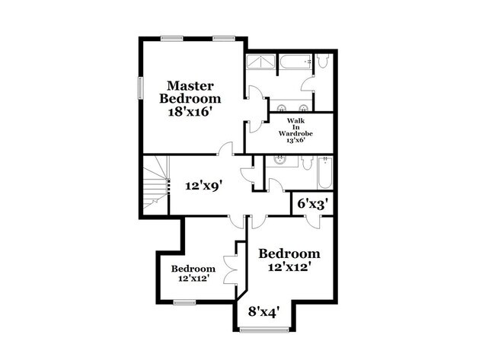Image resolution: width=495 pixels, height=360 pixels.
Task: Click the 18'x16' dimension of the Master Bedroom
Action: pyautogui.click(x=189, y=112)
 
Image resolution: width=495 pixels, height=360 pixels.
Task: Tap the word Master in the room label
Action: pyautogui.click(x=190, y=85)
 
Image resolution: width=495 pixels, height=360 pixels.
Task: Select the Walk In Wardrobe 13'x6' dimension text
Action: pyautogui.click(x=295, y=140)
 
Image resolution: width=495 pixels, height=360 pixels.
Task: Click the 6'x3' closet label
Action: pyautogui.click(x=311, y=204)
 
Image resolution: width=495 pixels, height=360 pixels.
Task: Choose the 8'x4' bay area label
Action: pyautogui.click(x=264, y=312)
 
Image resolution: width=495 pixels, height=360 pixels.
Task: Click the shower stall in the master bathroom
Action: pyautogui.click(x=260, y=62)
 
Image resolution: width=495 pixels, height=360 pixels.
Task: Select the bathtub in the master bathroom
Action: pyautogui.click(x=295, y=62)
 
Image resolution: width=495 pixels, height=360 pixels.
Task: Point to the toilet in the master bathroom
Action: pyautogui.click(x=323, y=61)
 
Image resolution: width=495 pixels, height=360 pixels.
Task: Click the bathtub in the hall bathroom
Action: pyautogui.click(x=324, y=173)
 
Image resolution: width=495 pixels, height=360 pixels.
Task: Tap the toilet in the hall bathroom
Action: pyautogui.click(x=307, y=164)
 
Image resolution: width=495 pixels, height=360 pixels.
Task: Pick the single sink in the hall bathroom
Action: pyautogui.click(x=279, y=161)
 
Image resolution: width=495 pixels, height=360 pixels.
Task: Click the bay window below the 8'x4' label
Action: pyautogui.click(x=264, y=330)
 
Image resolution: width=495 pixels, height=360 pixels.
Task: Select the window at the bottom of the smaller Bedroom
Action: pyautogui.click(x=185, y=303)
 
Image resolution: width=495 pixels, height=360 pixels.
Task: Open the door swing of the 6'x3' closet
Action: pyautogui.click(x=314, y=222)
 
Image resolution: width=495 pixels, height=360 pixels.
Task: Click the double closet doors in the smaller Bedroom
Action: pyautogui.click(x=230, y=269)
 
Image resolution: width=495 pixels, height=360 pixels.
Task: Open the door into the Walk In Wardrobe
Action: pyautogui.click(x=257, y=126)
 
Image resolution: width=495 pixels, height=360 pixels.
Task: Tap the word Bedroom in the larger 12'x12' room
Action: pyautogui.click(x=289, y=253)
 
